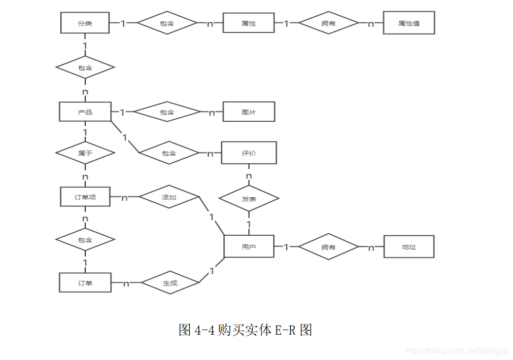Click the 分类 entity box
click(85, 23)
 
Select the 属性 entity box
click(249, 23)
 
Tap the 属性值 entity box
click(408, 23)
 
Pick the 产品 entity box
click(85, 112)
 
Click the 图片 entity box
click(249, 112)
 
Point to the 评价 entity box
click(249, 153)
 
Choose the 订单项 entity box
click(85, 197)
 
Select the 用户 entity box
click(249, 246)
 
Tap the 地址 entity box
click(408, 247)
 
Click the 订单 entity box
click(85, 282)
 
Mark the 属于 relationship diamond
click(85, 152)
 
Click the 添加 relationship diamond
click(169, 197)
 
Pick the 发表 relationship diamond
click(249, 199)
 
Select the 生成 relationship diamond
click(170, 283)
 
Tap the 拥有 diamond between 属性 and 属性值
click(328, 23)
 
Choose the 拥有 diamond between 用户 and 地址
click(328, 247)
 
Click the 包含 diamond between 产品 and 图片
click(167, 112)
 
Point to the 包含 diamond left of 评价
click(169, 153)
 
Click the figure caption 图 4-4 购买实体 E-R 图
click(245, 330)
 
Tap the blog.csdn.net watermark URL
click(457, 350)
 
